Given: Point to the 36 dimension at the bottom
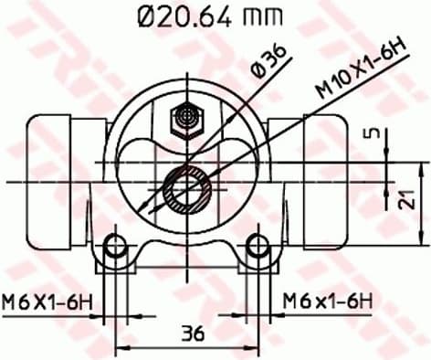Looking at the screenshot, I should tap(190, 333).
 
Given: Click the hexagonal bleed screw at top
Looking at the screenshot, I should tap(188, 117).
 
